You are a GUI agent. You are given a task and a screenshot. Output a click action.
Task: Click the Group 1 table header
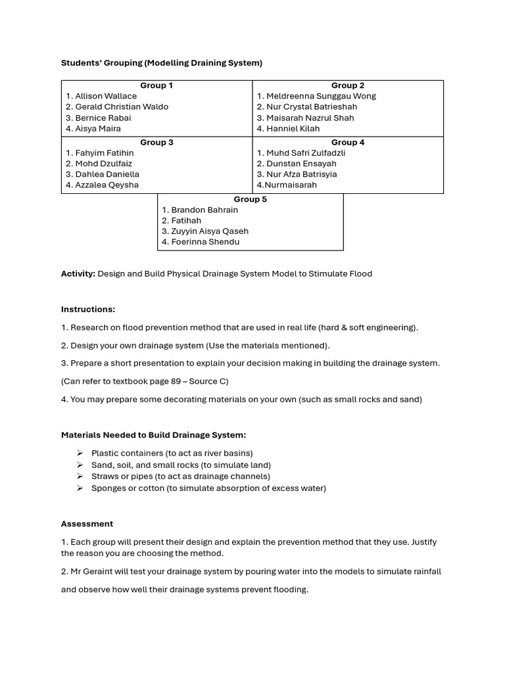(156, 85)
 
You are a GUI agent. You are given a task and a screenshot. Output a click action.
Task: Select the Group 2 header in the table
(348, 85)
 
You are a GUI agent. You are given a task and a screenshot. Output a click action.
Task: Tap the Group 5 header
(250, 199)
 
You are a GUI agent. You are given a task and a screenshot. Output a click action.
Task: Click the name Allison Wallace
(106, 96)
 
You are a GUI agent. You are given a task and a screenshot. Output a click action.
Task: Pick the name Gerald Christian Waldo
(122, 106)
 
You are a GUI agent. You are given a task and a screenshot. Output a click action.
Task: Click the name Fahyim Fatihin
(104, 152)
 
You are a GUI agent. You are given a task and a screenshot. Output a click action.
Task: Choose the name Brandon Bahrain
(204, 210)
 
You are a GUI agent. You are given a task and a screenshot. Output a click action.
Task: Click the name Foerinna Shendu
(205, 241)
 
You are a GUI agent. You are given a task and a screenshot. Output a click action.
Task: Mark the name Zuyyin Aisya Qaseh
(210, 231)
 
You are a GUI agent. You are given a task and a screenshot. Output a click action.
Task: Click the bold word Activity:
(78, 273)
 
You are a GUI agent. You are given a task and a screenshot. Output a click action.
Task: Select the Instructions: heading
(88, 309)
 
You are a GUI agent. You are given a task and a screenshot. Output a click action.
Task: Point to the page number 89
(176, 381)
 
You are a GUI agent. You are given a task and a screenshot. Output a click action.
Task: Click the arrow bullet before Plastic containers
(80, 453)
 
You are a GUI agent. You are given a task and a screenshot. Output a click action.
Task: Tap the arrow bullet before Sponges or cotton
(80, 488)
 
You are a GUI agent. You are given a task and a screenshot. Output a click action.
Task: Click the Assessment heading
(87, 524)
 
